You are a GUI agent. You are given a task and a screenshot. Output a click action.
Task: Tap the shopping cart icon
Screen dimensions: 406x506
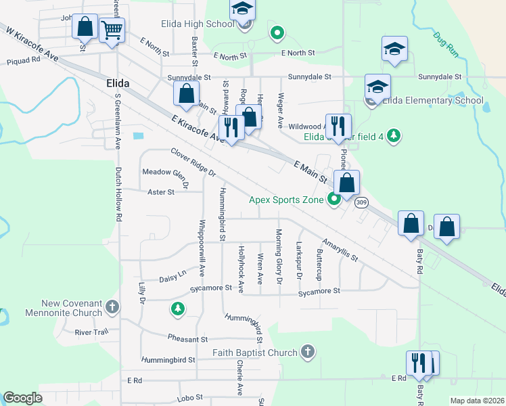pyautogui.click(x=112, y=29)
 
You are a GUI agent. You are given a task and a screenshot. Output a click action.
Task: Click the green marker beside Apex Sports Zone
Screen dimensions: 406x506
pyautogui.click(x=333, y=200)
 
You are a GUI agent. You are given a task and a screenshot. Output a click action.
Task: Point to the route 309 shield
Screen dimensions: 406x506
pyautogui.click(x=362, y=202)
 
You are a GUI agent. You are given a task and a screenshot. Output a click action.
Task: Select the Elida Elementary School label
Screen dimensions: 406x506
pyautogui.click(x=433, y=101)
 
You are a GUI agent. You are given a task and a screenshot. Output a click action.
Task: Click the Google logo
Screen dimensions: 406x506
pyautogui.click(x=22, y=398)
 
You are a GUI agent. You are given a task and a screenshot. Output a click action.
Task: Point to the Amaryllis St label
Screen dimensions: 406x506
pyautogui.click(x=339, y=250)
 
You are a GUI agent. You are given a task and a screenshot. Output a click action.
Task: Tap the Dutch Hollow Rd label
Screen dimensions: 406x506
pyautogui.click(x=118, y=195)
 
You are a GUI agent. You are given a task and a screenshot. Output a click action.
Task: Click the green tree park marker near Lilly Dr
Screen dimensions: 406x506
pyautogui.click(x=178, y=309)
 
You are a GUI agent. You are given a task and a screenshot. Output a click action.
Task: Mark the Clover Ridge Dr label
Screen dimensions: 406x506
pyautogui.click(x=193, y=163)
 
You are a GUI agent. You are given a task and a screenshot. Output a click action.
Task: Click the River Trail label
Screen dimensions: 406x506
pyautogui.click(x=91, y=332)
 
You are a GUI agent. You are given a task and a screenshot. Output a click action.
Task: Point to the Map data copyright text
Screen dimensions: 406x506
pyautogui.click(x=476, y=401)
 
